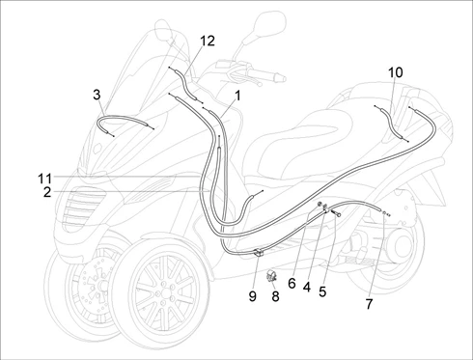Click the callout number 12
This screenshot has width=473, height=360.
pos(208,41)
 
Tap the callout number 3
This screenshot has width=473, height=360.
pos(97,95)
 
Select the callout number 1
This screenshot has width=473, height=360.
pos(237,96)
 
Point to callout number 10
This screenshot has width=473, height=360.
pos(395,72)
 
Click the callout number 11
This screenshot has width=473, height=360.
pos(45,179)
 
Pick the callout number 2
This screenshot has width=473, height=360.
pos(47,192)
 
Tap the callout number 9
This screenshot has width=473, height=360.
pos(253,296)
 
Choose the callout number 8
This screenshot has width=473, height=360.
pos(275,296)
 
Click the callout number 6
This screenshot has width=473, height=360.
pos(292,284)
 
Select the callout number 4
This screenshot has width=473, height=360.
pos(307,288)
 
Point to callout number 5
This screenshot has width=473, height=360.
pos(322,291)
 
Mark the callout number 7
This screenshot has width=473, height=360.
pos(369,304)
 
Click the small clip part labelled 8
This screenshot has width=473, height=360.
pos(271,276)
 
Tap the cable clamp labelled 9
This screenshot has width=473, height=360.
pos(260,252)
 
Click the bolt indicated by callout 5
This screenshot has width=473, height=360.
pos(336,213)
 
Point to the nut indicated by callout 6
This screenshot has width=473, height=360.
pos(320,204)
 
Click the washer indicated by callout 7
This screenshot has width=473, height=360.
pos(384,212)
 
